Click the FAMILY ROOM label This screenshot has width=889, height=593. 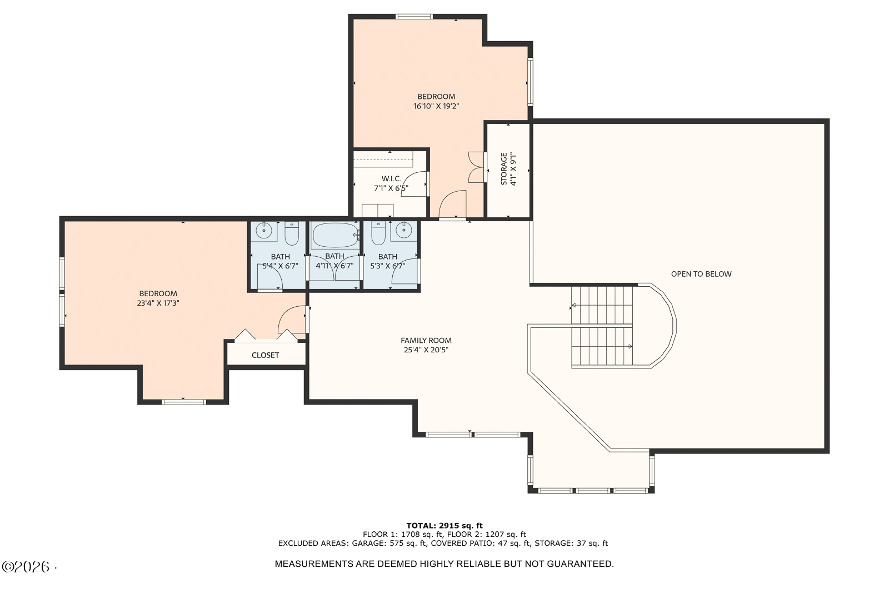pyautogui.click(x=426, y=340)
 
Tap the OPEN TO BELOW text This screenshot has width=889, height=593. pyautogui.click(x=701, y=274)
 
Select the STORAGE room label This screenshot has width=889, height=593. pyautogui.click(x=504, y=169)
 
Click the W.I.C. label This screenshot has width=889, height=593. pyautogui.click(x=391, y=178)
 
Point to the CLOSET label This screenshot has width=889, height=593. pyautogui.click(x=265, y=355)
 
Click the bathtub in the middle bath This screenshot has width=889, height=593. pyautogui.click(x=334, y=235)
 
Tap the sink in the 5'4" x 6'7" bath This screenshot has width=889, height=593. pyautogui.click(x=263, y=231)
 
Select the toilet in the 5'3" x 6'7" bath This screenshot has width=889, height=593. pyautogui.click(x=378, y=233)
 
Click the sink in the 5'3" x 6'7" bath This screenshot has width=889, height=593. pyautogui.click(x=403, y=231)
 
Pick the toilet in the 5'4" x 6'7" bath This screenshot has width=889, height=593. pyautogui.click(x=292, y=233)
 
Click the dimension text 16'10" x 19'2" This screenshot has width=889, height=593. pyautogui.click(x=436, y=106)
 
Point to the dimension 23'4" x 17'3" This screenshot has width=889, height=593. pyautogui.click(x=158, y=303)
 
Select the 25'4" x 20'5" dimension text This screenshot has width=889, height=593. pyautogui.click(x=426, y=350)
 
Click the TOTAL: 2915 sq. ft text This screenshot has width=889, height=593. pyautogui.click(x=444, y=526)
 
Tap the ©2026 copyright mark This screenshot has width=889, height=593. pyautogui.click(x=26, y=567)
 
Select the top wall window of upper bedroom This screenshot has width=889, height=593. pyautogui.click(x=414, y=17)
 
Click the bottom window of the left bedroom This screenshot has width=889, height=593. pyautogui.click(x=184, y=402)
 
